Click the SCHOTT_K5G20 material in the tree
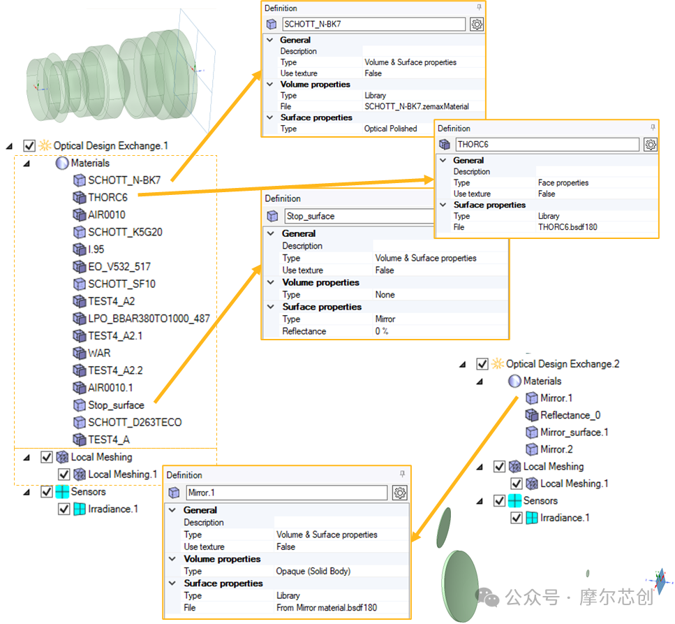pyautogui.click(x=125, y=232)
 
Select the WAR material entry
pyautogui.click(x=99, y=354)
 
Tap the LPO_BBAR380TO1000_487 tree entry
pyautogui.click(x=149, y=319)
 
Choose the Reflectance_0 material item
pyautogui.click(x=570, y=415)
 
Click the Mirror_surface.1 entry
pyautogui.click(x=574, y=433)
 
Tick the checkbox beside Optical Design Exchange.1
pyautogui.click(x=29, y=145)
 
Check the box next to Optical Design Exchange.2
pyautogui.click(x=482, y=364)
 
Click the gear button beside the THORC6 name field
pyautogui.click(x=651, y=145)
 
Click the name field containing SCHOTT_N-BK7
pyautogui.click(x=373, y=24)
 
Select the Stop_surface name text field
pyautogui.click(x=359, y=217)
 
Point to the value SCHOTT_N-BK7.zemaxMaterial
pyautogui.click(x=417, y=106)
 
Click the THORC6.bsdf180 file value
pyautogui.click(x=568, y=227)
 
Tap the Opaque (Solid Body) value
pyautogui.click(x=313, y=572)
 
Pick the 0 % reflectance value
pyautogui.click(x=382, y=331)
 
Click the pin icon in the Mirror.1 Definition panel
pyautogui.click(x=402, y=474)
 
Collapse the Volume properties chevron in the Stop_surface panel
pyautogui.click(x=271, y=282)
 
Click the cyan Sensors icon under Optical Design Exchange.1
pyautogui.click(x=62, y=492)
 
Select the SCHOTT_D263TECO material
pyautogui.click(x=135, y=422)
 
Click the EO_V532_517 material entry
pyautogui.click(x=119, y=267)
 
